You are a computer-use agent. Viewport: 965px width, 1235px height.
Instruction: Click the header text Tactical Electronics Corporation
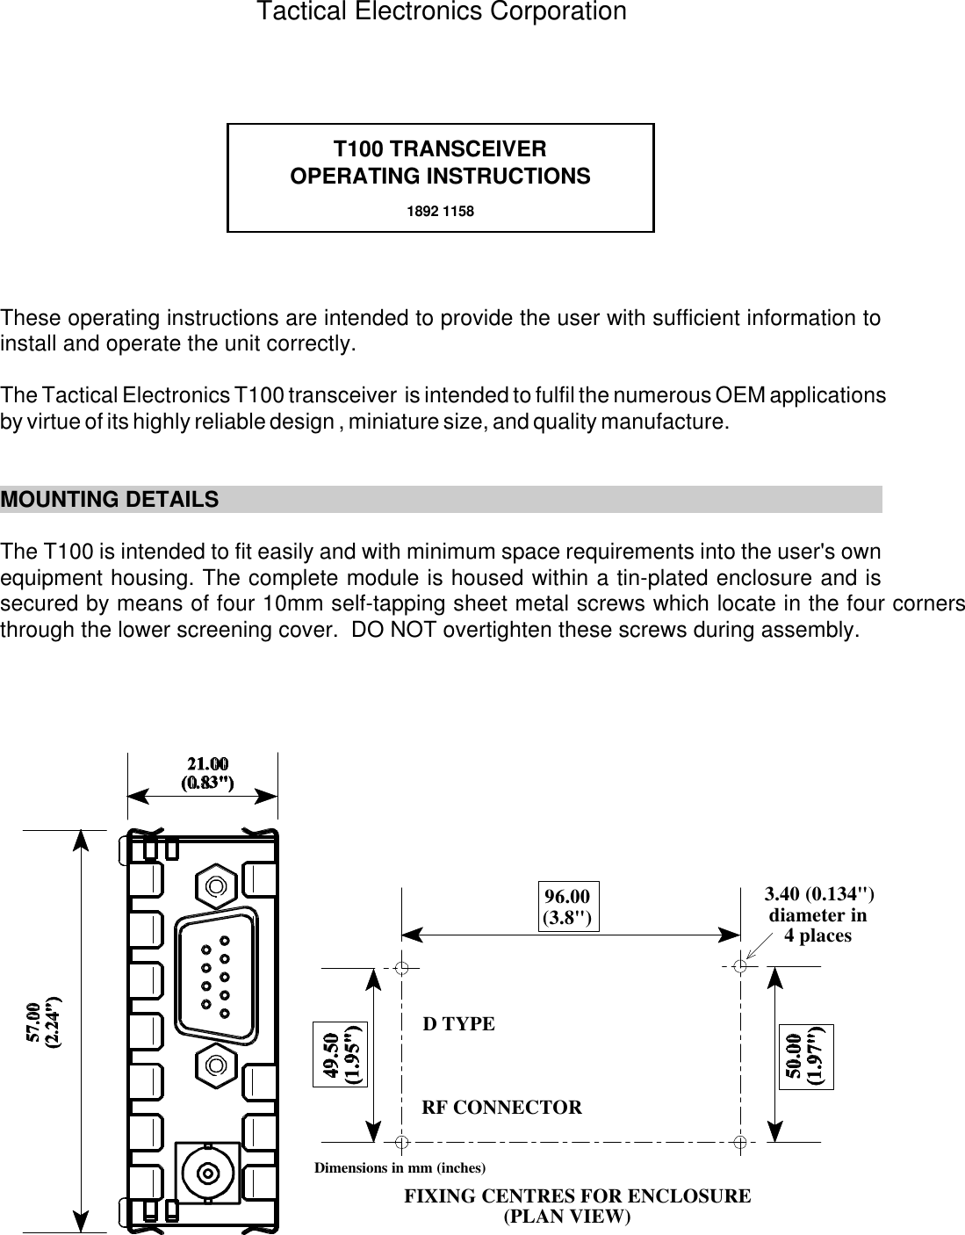pos(441,12)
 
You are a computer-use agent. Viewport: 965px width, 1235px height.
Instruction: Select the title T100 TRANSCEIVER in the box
pos(440,148)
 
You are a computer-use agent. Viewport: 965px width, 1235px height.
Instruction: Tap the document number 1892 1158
pos(440,212)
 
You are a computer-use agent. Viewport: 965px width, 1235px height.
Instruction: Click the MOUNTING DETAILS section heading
pos(110,500)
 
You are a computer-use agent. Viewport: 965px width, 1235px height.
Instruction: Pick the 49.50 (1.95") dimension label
pos(342,1055)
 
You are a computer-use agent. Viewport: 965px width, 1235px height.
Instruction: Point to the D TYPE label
pos(458,1024)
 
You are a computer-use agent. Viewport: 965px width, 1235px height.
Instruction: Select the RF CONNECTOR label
pos(502,1107)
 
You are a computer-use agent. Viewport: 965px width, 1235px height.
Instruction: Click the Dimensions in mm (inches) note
pos(400,1168)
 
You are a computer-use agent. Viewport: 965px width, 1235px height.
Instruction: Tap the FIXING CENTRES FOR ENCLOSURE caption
pos(577,1196)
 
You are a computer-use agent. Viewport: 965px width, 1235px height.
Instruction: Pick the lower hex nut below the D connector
pos(214,1065)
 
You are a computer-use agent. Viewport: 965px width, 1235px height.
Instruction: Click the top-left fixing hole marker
pos(401,968)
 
